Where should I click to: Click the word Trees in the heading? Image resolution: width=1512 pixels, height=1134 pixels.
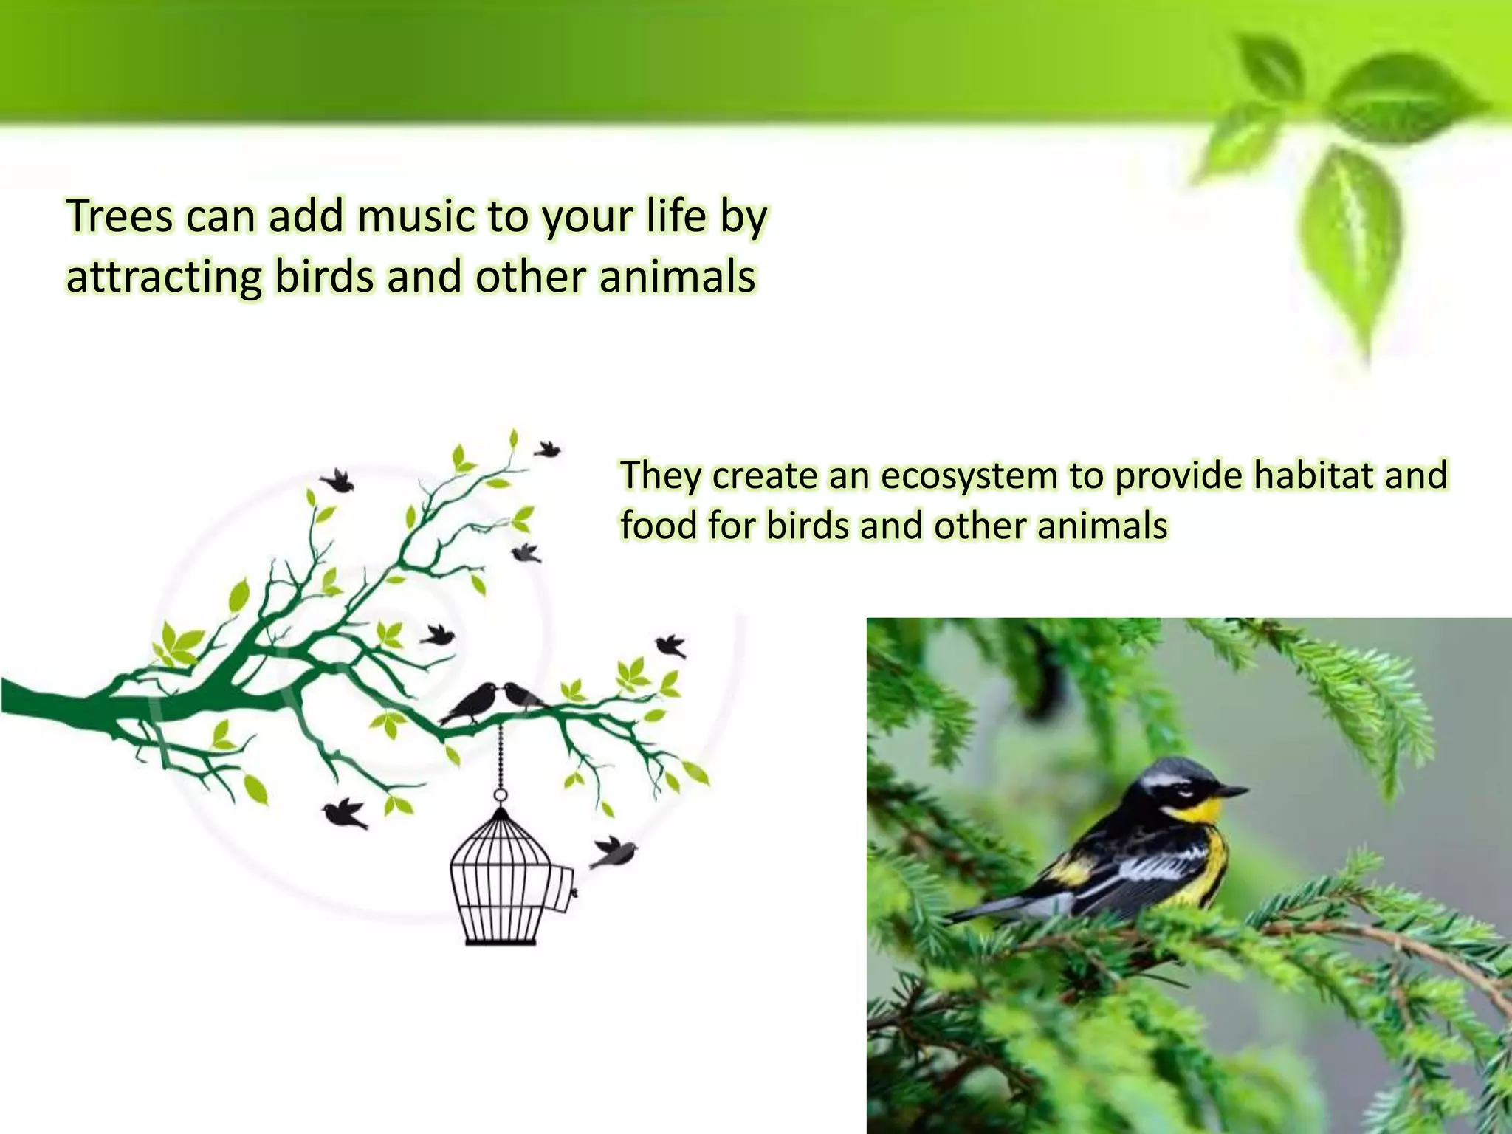[119, 216]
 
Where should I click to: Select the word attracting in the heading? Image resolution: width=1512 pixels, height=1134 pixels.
[164, 278]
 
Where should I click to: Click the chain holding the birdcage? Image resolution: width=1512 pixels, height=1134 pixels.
[501, 756]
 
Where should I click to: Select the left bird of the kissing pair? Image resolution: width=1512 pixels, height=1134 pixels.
[472, 701]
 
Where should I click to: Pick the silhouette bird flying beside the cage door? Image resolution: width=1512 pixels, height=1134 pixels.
[615, 852]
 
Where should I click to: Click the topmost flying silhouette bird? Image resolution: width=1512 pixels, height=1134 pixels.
[547, 448]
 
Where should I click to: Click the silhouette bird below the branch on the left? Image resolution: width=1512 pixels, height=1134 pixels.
[345, 813]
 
